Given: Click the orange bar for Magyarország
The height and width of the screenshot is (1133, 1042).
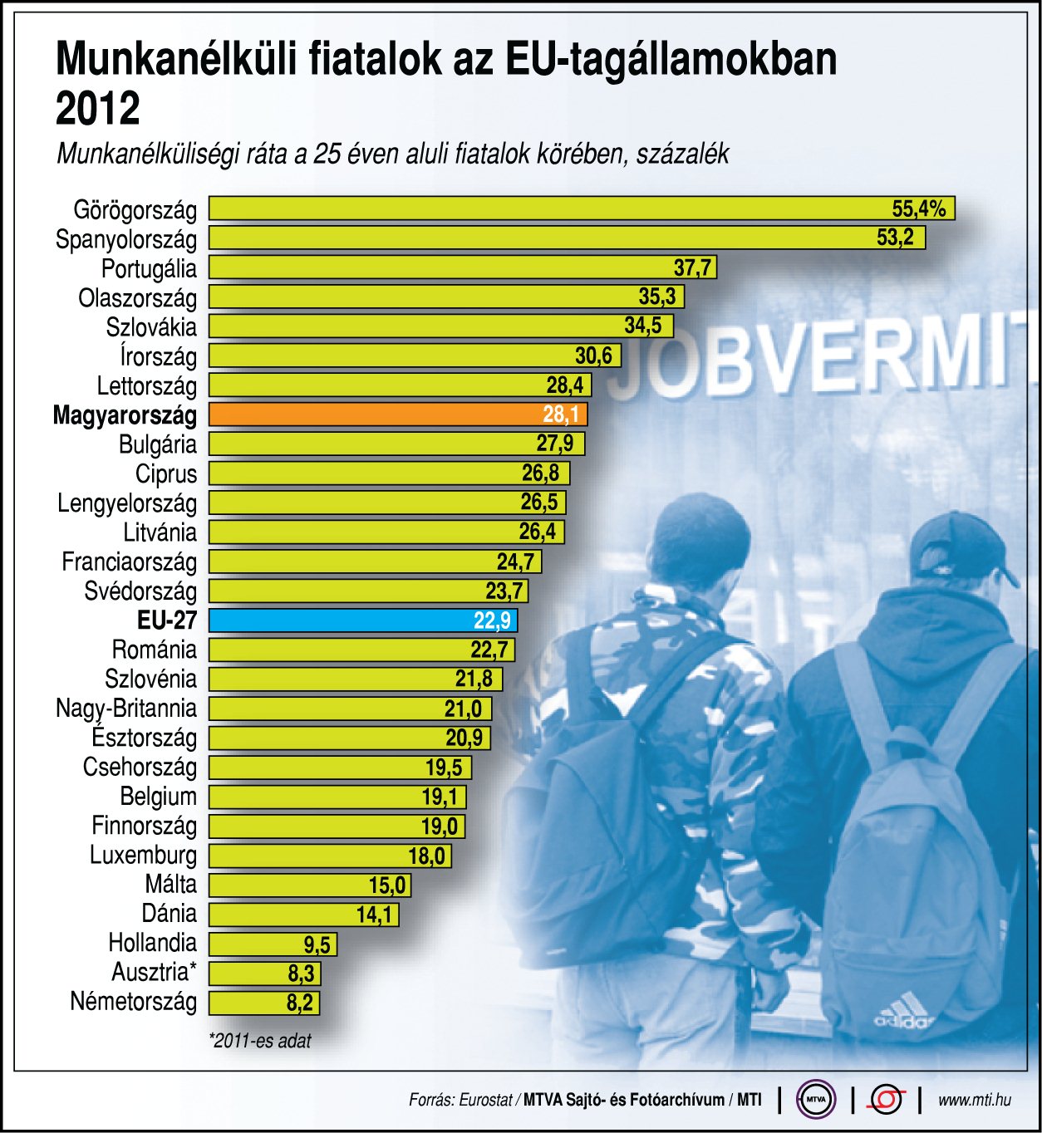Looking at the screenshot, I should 397,414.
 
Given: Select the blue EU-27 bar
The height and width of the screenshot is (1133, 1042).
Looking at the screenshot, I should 362,620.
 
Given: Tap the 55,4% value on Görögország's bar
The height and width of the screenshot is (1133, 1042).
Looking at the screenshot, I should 918,208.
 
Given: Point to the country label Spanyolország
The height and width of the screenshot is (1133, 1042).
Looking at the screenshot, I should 126,240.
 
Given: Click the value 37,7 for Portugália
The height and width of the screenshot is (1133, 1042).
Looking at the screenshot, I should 692,267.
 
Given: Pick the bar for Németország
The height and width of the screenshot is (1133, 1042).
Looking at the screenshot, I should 263,1003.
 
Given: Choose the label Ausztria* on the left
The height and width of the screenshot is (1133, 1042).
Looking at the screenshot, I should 155,972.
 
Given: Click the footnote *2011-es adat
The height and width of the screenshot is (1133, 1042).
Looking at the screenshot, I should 260,1040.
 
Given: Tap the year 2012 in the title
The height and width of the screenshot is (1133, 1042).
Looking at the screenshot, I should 98,109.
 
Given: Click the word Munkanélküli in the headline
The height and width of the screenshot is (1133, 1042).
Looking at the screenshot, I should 175,60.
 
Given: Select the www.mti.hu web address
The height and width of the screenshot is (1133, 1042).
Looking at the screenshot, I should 974,1100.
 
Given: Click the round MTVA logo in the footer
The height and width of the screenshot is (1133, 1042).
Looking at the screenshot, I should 815,1100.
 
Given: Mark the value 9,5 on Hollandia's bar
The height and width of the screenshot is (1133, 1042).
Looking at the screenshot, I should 317,944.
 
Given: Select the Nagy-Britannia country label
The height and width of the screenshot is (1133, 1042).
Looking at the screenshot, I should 126,709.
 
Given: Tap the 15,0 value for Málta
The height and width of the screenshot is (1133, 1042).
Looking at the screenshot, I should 387,885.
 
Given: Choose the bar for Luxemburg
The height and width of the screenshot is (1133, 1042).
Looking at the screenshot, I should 329,856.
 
